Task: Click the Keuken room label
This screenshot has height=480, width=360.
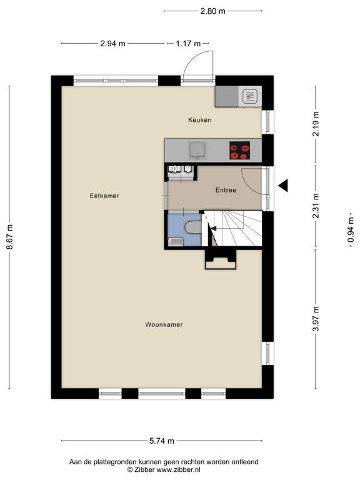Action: [199, 120]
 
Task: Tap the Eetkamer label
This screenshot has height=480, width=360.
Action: [104, 196]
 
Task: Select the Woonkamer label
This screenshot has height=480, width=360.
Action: [164, 324]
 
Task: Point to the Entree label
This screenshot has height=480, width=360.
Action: [226, 190]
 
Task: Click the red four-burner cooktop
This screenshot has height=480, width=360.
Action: [240, 150]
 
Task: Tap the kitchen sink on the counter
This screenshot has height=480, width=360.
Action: [197, 150]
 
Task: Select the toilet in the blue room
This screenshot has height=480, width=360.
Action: [194, 227]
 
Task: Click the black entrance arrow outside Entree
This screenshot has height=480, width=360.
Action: [283, 186]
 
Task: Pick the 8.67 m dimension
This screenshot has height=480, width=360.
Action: [10, 237]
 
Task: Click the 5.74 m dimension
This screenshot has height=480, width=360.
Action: [162, 441]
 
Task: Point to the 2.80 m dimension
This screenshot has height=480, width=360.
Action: [212, 11]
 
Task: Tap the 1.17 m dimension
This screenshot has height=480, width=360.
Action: [188, 44]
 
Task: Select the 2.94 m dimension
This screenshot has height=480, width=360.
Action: [112, 44]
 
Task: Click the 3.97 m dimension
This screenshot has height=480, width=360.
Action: [316, 318]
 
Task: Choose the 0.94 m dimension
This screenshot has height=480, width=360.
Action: [351, 229]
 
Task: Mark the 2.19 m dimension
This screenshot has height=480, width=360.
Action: [316, 124]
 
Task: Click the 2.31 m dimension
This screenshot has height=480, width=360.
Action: [316, 206]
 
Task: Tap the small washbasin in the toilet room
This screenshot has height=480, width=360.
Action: [176, 241]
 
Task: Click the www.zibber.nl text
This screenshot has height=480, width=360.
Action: [179, 469]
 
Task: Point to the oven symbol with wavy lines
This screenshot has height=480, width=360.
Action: [250, 96]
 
